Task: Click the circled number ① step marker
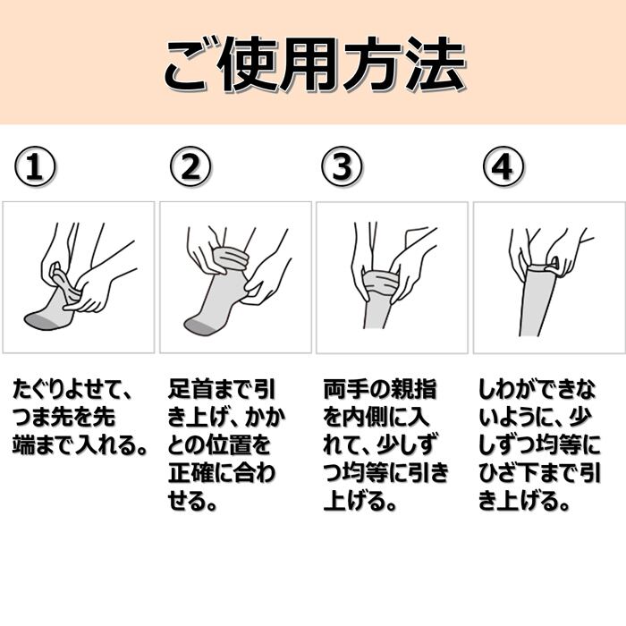pos(35,166)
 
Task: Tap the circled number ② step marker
pos(190,166)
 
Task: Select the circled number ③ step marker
pos(342,166)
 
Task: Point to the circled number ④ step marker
pos(503,166)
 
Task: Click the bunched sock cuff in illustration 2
pos(232,259)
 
